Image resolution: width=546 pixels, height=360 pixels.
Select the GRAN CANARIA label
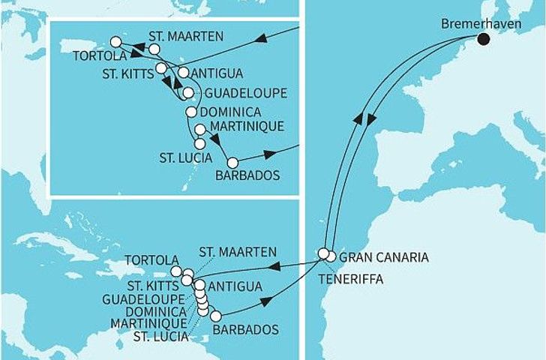(384, 257)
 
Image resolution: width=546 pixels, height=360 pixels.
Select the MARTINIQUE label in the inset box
(247, 127)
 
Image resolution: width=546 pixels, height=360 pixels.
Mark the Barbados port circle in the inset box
(232, 162)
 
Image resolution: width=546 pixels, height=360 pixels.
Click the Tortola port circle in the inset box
(115, 42)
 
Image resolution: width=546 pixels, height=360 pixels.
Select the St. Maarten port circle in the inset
(154, 49)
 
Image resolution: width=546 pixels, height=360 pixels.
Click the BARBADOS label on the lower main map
(244, 329)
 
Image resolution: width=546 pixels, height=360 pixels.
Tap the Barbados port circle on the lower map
(215, 316)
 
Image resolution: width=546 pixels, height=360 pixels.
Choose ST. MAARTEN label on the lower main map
(238, 251)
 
